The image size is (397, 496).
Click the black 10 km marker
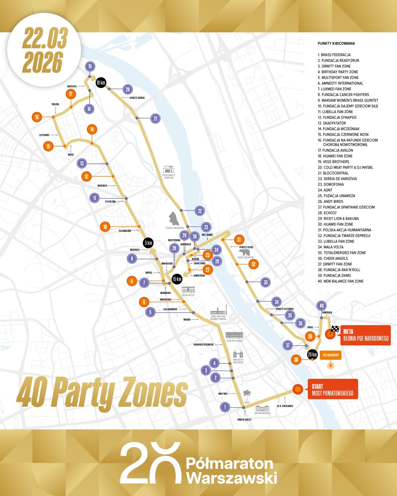click(101, 83)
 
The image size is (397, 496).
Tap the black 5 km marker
click(148, 243)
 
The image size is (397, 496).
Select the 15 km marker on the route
click(177, 279)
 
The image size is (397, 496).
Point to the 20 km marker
click(312, 355)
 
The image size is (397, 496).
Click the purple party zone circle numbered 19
click(90, 67)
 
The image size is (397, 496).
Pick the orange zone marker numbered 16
click(37, 117)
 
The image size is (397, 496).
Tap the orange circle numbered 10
click(105, 227)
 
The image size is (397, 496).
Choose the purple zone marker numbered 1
click(225, 407)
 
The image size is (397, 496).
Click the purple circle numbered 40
click(322, 306)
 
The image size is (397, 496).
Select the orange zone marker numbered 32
click(253, 264)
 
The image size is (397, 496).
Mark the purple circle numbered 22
click(200, 211)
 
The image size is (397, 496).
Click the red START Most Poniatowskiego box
click(332, 389)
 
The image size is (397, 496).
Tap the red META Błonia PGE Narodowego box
click(365, 335)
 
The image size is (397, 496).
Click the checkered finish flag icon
click(335, 329)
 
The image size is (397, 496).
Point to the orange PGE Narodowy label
click(330, 355)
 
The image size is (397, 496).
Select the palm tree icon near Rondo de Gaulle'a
click(247, 395)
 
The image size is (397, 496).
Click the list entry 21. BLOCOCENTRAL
click(333, 173)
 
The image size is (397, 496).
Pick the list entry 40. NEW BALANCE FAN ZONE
click(340, 281)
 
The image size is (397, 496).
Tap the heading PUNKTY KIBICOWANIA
click(336, 43)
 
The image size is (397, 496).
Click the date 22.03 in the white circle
click(45, 38)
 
